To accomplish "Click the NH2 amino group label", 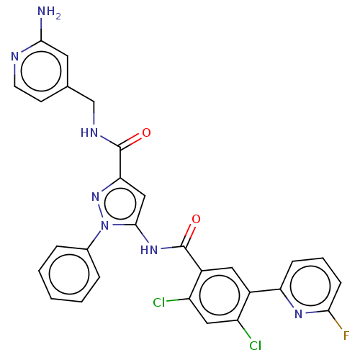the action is (x=49, y=13).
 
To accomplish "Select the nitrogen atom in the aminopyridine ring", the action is (x=15, y=57).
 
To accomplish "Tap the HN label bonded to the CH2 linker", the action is (x=89, y=132).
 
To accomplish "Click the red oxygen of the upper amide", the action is (x=146, y=132).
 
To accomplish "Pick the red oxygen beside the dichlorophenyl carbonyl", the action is (x=196, y=219).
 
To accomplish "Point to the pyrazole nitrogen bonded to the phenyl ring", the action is (x=104, y=225).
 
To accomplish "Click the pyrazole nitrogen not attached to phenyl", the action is (x=96, y=197).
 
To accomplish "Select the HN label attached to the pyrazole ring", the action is (x=149, y=250).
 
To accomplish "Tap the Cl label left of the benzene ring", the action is (x=159, y=302).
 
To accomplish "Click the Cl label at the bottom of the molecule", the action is (x=255, y=346).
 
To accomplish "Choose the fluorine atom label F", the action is (x=346, y=336).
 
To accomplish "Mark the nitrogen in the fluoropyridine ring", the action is (x=298, y=314).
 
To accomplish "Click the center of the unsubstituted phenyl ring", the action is (x=69, y=274).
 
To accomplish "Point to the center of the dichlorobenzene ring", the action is (x=220, y=295).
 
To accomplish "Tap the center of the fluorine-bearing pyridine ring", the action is (x=310, y=286).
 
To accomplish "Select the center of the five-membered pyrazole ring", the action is (x=120, y=204).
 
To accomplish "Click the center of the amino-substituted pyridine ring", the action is (x=41, y=71).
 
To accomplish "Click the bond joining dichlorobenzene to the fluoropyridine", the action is (x=265, y=290).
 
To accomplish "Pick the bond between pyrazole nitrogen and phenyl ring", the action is (x=94, y=240).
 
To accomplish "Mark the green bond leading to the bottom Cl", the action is (x=244, y=329).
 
